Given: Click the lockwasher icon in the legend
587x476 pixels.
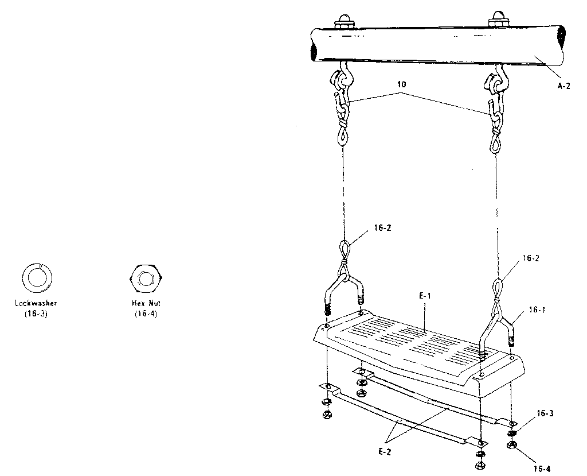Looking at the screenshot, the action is [37, 278].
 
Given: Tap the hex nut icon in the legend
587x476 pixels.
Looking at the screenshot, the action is [146, 279].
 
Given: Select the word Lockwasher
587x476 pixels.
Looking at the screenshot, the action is [36, 303].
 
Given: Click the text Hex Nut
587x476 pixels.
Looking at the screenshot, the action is [146, 303].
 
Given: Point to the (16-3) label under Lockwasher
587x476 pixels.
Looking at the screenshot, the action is [36, 314].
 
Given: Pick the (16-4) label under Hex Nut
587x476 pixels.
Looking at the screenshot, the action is [146, 314].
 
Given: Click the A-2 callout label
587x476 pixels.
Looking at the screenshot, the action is [564, 86].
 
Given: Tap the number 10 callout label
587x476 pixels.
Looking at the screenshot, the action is [402, 84].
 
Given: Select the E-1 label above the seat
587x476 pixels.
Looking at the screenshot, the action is [425, 296].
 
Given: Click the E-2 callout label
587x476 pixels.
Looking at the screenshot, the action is [385, 452].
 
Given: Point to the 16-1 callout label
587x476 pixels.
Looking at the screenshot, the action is [537, 310].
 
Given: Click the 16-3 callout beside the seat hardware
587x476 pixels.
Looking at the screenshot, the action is [545, 413].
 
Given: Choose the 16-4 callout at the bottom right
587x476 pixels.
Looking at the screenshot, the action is [542, 468].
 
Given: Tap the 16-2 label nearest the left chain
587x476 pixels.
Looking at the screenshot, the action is [382, 228].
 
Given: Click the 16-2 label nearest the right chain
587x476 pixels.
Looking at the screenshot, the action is [531, 258].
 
